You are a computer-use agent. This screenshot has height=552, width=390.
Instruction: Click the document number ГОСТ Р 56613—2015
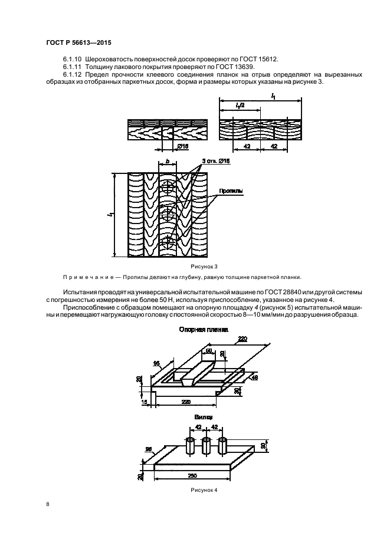coord(78,43)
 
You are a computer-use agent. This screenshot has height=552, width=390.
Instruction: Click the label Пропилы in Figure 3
coord(231,191)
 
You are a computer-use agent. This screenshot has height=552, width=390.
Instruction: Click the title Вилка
coord(204,416)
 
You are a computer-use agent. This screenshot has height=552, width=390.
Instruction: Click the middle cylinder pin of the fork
coord(206,446)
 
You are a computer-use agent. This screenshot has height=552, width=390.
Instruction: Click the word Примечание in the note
coord(87,277)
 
